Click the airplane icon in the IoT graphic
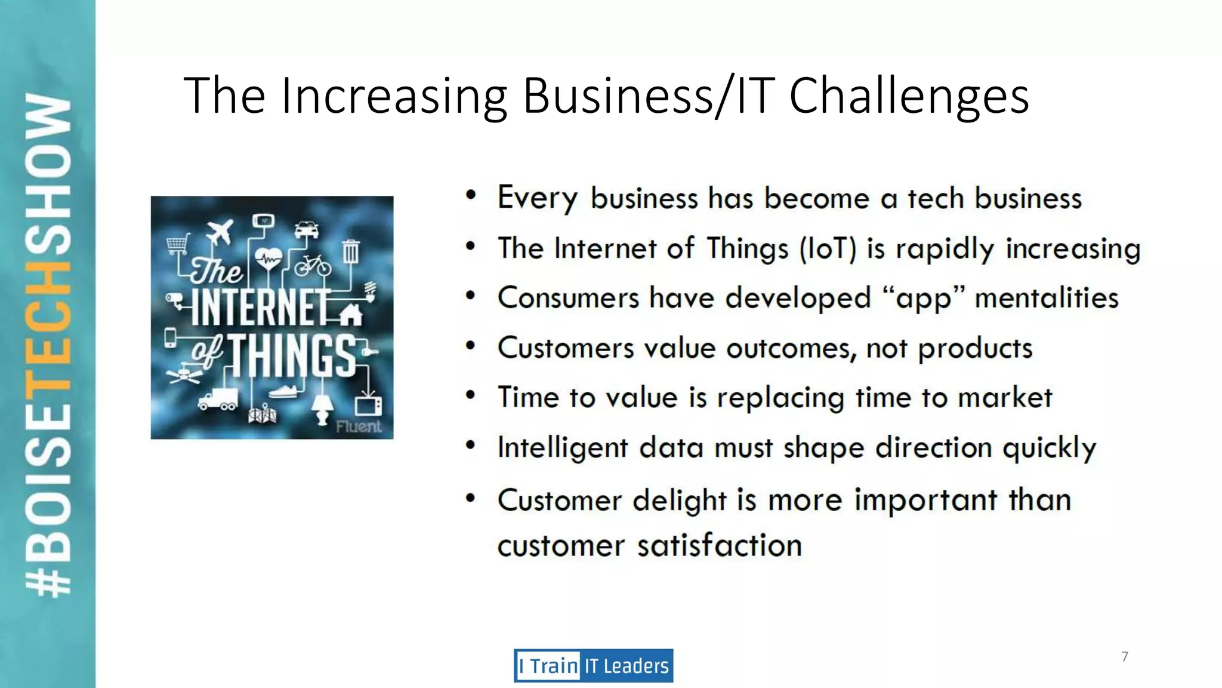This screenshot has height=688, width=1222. [219, 232]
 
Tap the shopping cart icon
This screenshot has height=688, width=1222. [177, 245]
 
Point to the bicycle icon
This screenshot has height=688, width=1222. [312, 265]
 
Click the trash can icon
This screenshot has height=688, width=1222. [351, 251]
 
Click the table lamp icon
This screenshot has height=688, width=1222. [323, 408]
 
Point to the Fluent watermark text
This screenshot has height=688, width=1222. [358, 426]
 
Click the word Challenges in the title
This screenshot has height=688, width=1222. [909, 96]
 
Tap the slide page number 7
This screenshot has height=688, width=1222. [1125, 657]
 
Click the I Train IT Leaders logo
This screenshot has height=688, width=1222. [593, 665]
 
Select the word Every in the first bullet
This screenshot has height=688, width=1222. [538, 198]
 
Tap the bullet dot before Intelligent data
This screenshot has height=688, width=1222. [471, 445]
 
